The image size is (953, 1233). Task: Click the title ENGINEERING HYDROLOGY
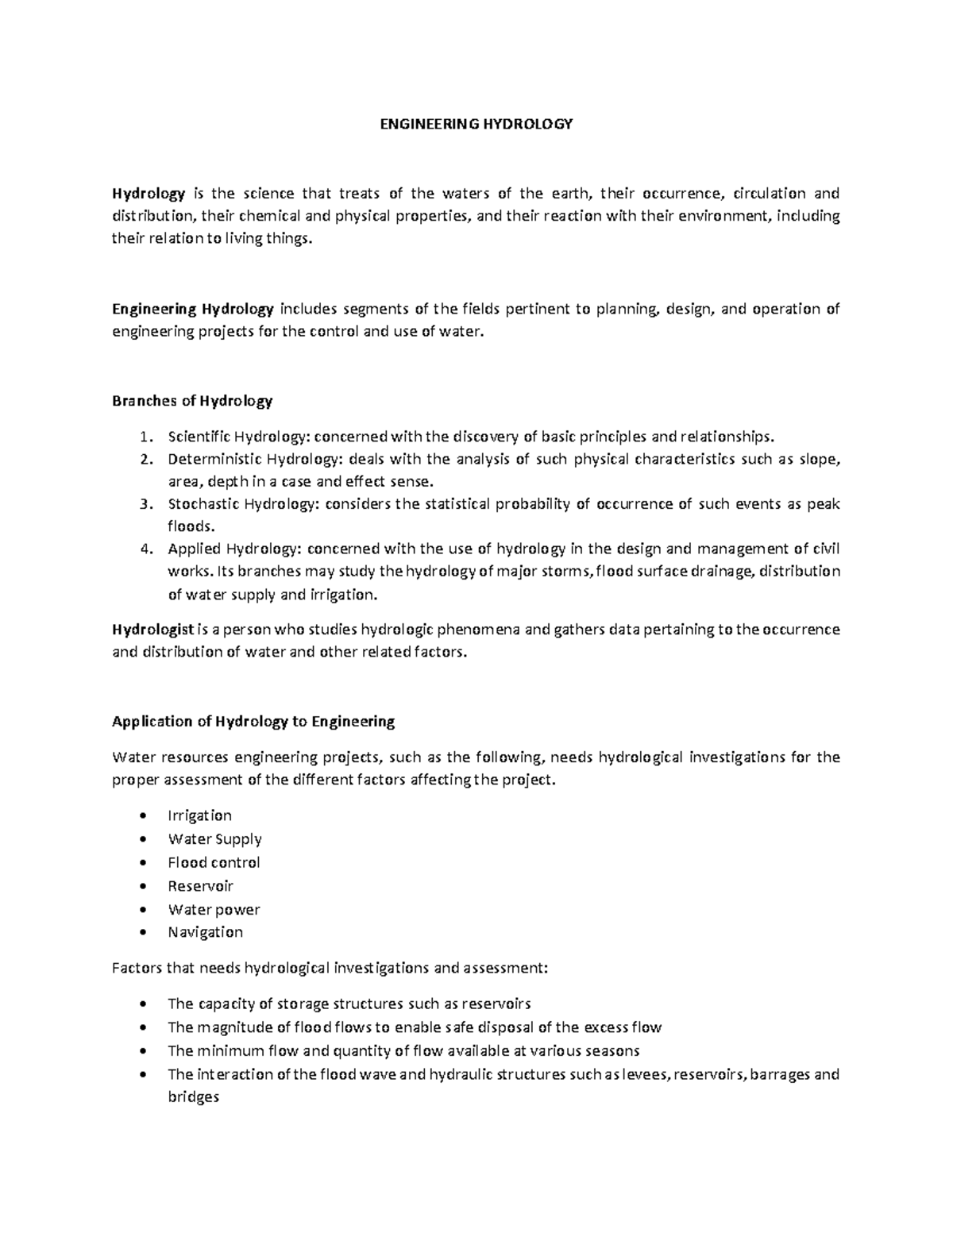476,124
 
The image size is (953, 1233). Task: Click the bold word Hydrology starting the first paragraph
149,194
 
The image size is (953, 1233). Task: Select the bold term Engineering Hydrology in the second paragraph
193,309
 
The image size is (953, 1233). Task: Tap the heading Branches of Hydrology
192,401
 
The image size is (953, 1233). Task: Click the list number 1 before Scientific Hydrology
143,437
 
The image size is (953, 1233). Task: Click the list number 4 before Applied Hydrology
144,549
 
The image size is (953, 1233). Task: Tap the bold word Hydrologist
152,630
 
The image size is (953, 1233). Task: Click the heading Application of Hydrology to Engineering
253,722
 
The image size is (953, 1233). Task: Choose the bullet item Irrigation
199,815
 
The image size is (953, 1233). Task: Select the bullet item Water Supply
214,839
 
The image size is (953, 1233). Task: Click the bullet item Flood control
214,862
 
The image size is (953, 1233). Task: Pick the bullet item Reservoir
200,886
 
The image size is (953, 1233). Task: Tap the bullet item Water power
214,910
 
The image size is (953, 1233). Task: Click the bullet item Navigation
205,932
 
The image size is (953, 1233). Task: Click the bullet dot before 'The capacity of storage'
142,1004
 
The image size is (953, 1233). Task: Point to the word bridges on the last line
193,1097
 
